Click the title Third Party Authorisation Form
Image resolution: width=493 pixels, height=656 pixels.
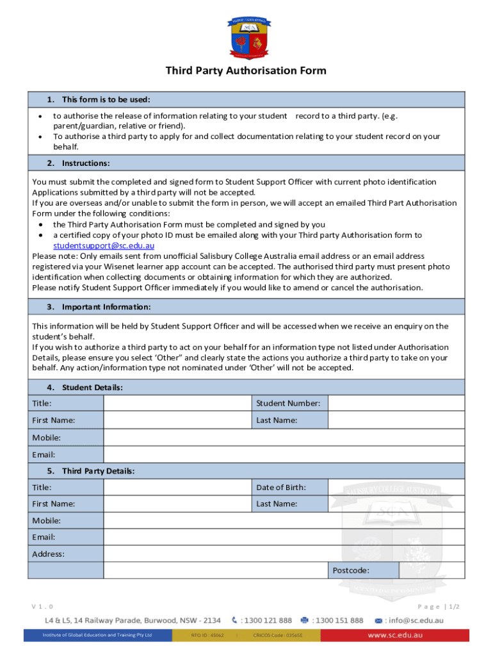pyautogui.click(x=246, y=70)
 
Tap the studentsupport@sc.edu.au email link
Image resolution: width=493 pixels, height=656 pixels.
pyautogui.click(x=103, y=245)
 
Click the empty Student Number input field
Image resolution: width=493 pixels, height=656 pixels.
pyautogui.click(x=396, y=403)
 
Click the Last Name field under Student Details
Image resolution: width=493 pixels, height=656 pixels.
pyautogui.click(x=396, y=420)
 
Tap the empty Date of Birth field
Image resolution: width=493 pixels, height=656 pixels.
pyautogui.click(x=396, y=487)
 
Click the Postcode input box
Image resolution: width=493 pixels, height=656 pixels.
pyautogui.click(x=432, y=570)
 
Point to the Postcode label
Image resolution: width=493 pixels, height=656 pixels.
pyautogui.click(x=351, y=570)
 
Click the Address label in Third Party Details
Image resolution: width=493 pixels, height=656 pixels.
pyautogui.click(x=49, y=553)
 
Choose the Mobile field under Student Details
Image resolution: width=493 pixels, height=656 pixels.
pyautogui.click(x=284, y=438)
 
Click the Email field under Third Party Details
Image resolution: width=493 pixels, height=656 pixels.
pyautogui.click(x=284, y=537)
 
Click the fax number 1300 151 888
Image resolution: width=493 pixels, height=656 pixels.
pyautogui.click(x=337, y=620)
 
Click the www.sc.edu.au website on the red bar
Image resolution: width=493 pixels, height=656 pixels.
pyautogui.click(x=394, y=635)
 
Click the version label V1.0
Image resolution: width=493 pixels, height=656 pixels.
pyautogui.click(x=43, y=606)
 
